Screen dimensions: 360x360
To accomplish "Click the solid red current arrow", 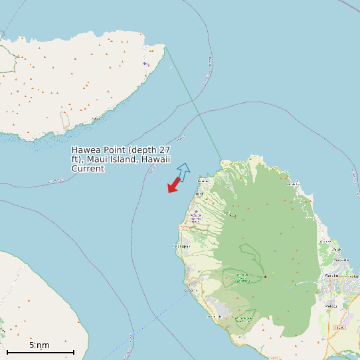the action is click(x=174, y=185).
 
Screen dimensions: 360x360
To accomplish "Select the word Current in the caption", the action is click(x=88, y=169).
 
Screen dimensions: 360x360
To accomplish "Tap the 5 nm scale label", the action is click(x=39, y=345).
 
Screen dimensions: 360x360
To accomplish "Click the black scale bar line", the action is click(x=40, y=351).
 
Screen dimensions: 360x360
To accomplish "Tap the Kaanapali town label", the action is click(x=181, y=246).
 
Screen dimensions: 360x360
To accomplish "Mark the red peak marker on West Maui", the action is click(x=264, y=276).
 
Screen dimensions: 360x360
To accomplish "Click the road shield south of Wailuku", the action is click(x=339, y=327).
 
